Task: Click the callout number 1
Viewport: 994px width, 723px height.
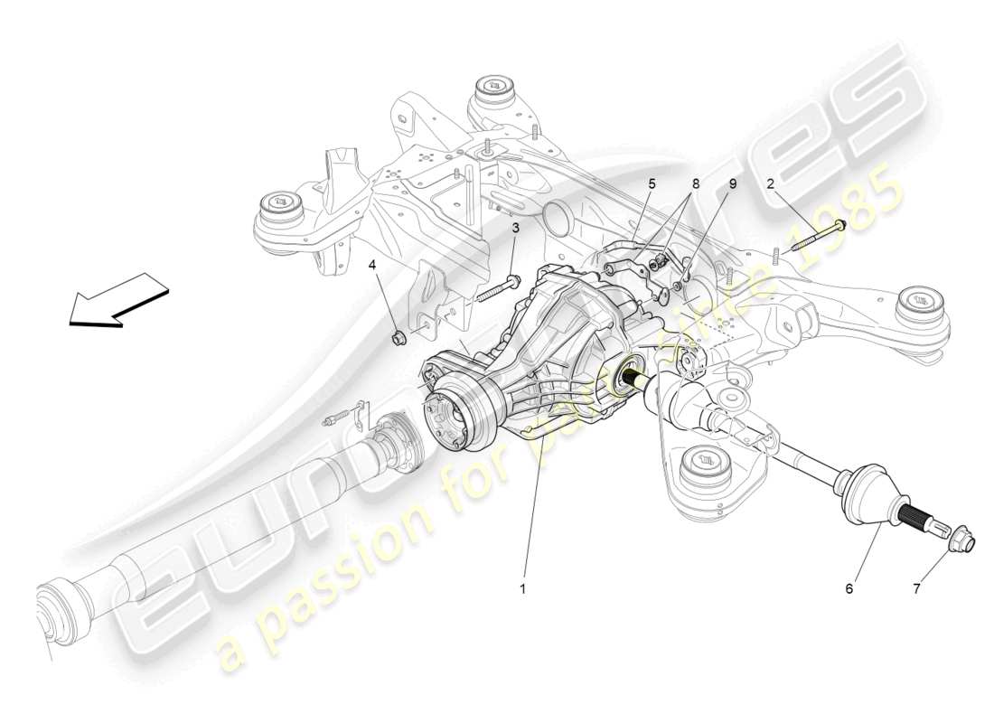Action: [x=521, y=588]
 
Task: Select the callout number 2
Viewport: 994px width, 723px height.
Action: [x=770, y=183]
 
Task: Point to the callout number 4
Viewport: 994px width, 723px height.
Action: [x=372, y=266]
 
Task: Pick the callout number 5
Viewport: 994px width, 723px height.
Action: [x=651, y=183]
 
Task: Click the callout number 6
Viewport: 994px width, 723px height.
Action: [x=849, y=588]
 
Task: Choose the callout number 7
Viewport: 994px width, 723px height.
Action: [x=916, y=588]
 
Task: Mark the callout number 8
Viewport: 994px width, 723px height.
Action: [x=694, y=183]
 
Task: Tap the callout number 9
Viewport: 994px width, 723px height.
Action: [x=732, y=183]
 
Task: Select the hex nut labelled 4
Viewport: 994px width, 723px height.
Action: [x=398, y=338]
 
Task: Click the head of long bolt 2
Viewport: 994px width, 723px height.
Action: [x=840, y=224]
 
